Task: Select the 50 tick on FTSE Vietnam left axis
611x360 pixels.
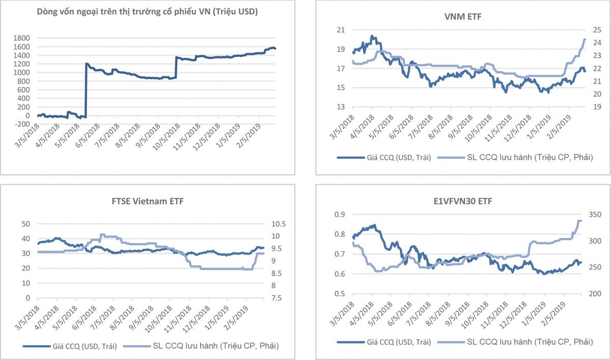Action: tap(29, 224)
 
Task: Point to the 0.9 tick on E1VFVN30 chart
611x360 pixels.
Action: tap(339, 214)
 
